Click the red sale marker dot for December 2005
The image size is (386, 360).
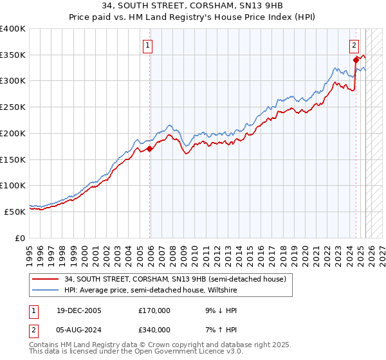pos(150,148)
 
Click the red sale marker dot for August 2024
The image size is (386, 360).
pos(356,60)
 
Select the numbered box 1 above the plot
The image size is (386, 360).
pos(148,45)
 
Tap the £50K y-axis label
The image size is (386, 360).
pos(15,212)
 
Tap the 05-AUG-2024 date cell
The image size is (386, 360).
pos(79,330)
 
